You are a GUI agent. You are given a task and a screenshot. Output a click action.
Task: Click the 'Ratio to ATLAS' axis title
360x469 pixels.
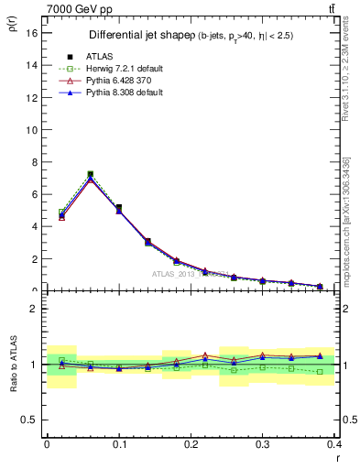[12, 364]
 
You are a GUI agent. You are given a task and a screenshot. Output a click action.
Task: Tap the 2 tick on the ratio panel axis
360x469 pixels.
[34, 309]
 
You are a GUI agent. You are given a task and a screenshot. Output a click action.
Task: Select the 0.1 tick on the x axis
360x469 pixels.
[118, 443]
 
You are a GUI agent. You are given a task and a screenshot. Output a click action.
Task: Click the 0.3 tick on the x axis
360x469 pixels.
[262, 443]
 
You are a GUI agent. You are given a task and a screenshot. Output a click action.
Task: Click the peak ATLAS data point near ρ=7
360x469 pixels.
[90, 174]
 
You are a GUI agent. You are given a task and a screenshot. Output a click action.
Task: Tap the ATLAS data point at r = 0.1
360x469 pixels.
[119, 208]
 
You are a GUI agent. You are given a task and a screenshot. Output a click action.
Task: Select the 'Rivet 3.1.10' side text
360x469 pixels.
[345, 73]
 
